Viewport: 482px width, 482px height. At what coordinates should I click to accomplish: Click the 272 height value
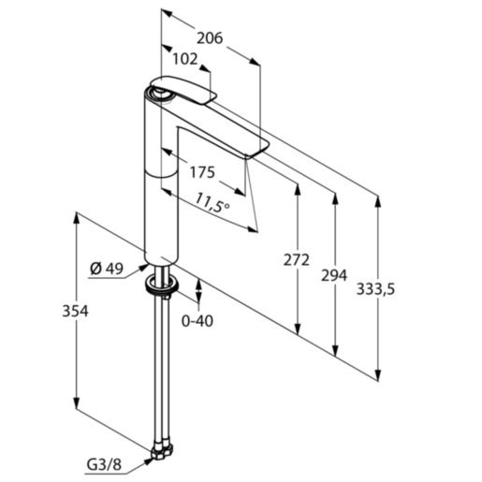[x=296, y=260]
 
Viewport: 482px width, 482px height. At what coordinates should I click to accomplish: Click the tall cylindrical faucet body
[x=160, y=178]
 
